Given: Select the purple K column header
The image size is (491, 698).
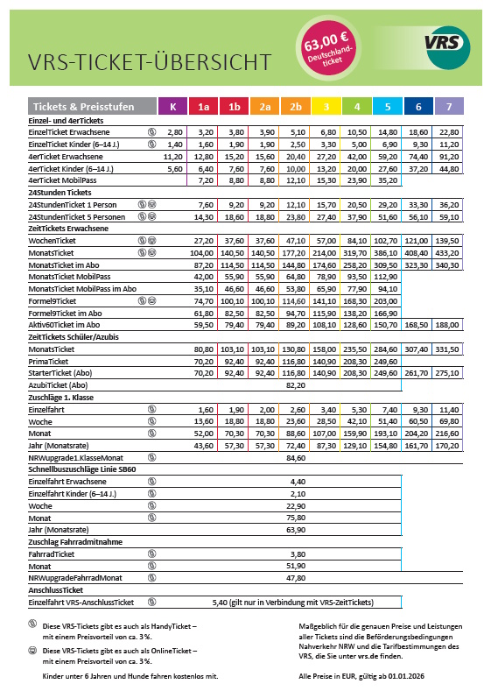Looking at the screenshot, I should [172, 107].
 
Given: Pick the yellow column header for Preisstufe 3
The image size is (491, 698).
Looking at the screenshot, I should [326, 107].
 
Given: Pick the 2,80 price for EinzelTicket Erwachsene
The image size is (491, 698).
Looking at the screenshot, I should [174, 130].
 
